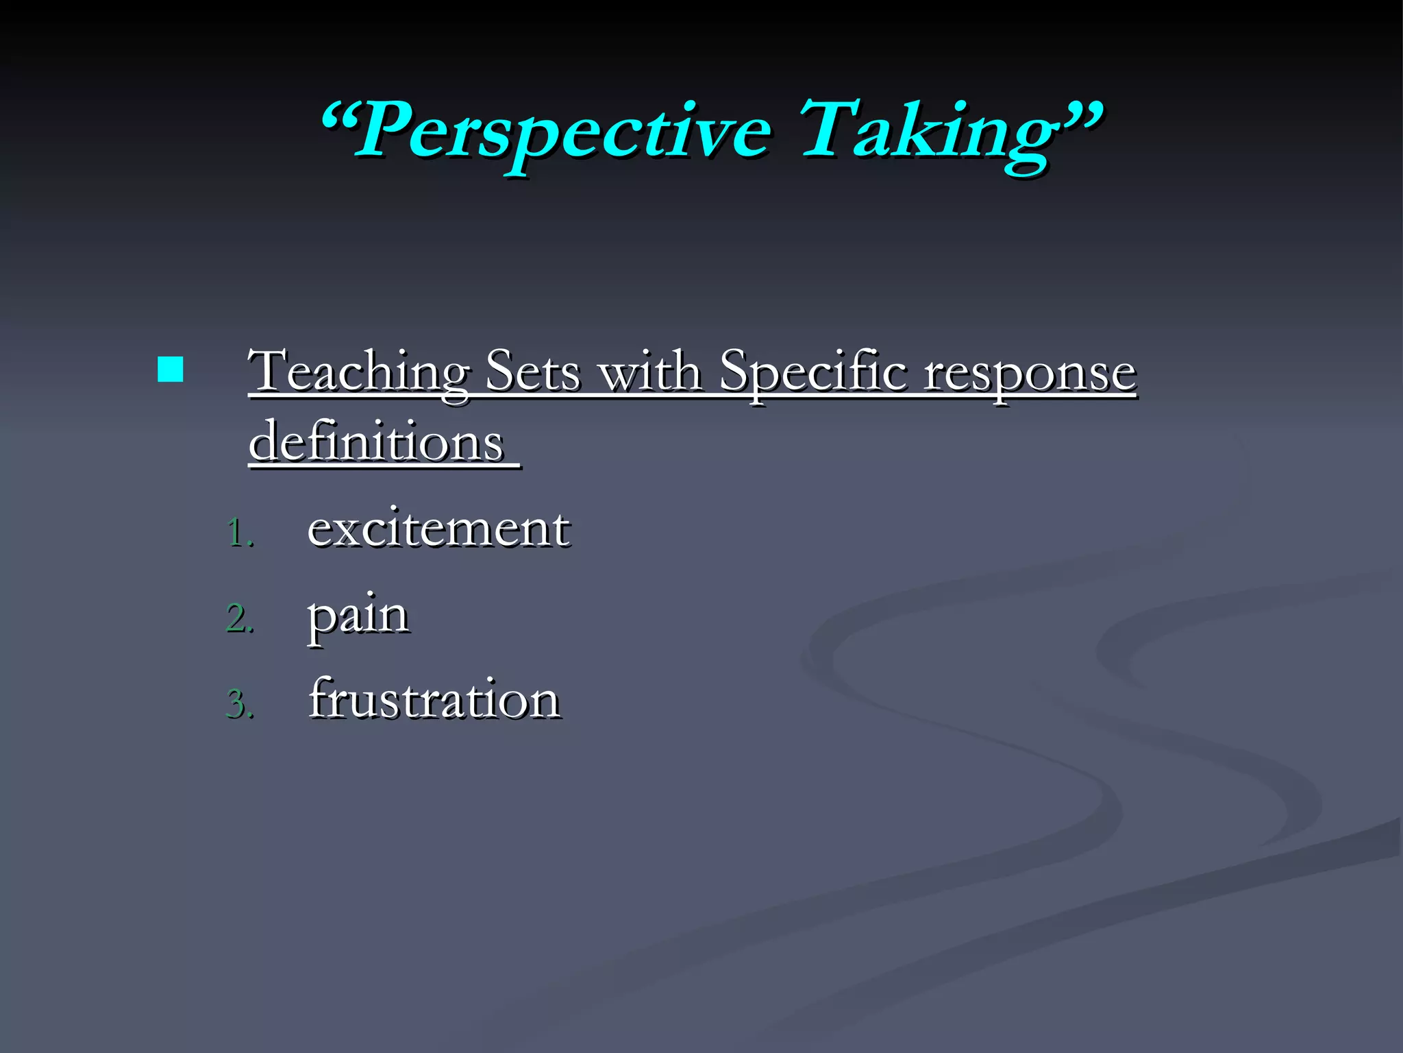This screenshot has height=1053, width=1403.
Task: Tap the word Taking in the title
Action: [925, 130]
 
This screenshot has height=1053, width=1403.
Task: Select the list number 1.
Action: [238, 533]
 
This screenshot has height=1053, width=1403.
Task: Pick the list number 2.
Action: [238, 618]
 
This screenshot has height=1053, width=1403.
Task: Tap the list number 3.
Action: [238, 704]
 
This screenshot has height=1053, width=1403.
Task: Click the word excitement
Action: [438, 529]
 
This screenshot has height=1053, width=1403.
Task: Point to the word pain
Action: [358, 616]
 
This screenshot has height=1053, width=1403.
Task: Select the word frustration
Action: [434, 699]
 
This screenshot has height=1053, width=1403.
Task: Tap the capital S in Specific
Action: [734, 370]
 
